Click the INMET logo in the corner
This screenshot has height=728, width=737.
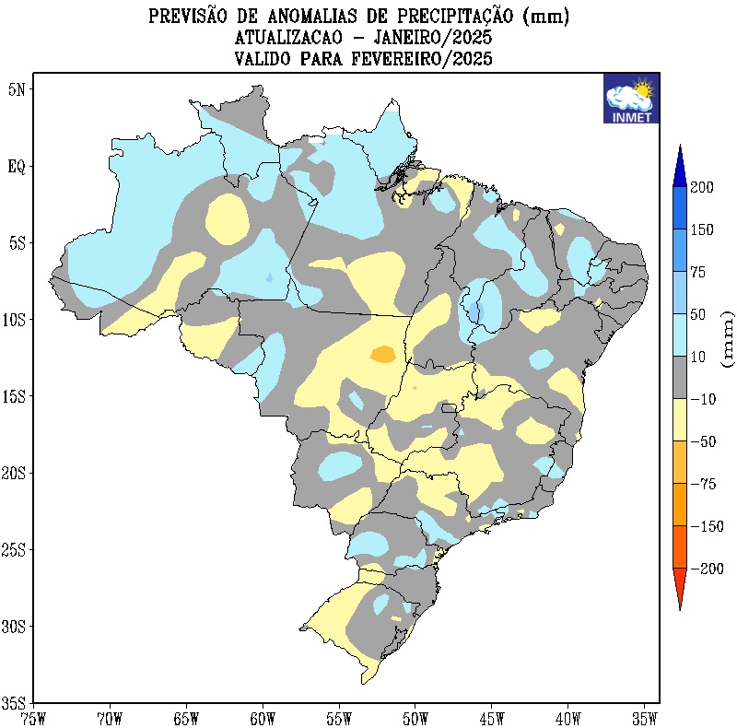tap(631, 99)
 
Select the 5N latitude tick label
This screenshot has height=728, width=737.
tap(18, 89)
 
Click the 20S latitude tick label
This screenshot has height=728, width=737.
tap(16, 473)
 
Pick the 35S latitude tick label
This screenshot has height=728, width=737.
tap(16, 702)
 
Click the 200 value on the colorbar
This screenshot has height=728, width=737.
tap(703, 187)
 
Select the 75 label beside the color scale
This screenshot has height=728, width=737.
tap(699, 272)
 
